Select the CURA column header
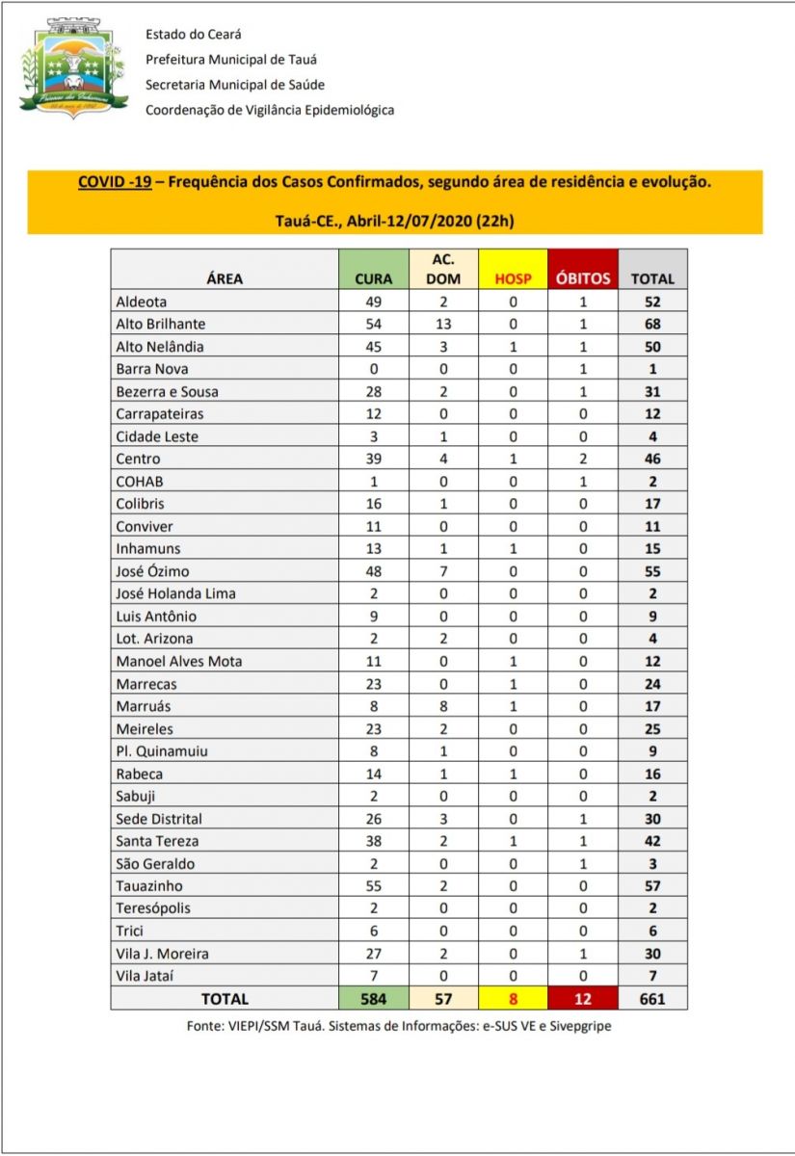(x=373, y=278)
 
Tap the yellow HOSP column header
(x=513, y=278)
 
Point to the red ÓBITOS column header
(x=582, y=278)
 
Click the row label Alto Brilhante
(x=161, y=324)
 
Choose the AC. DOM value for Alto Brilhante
(x=443, y=324)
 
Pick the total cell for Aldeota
(x=652, y=302)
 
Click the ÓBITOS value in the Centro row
(x=582, y=459)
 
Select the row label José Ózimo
(x=154, y=571)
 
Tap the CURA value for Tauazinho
(x=373, y=885)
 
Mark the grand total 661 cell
(x=652, y=998)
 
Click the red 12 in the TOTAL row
(x=582, y=998)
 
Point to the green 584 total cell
(x=373, y=998)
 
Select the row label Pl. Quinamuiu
(x=161, y=750)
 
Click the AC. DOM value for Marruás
(x=443, y=706)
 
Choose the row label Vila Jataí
(x=146, y=976)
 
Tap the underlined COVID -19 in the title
(x=114, y=181)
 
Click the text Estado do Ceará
(x=193, y=34)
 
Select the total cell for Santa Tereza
(x=652, y=841)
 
